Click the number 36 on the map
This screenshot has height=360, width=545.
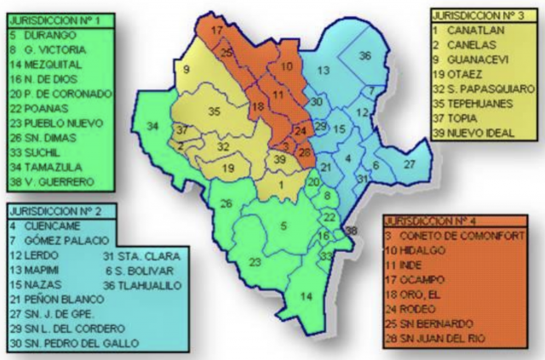(x=364, y=55)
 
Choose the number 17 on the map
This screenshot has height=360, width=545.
(x=217, y=31)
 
